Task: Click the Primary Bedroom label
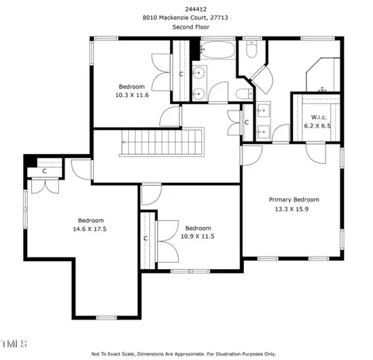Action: [x=294, y=200]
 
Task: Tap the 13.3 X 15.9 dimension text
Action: [x=291, y=209]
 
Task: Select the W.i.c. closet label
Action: [x=319, y=117]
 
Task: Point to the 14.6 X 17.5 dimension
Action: [x=89, y=229]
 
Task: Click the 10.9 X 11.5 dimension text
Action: [x=197, y=236]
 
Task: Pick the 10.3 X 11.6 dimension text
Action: [x=132, y=95]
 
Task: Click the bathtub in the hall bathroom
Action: [x=218, y=50]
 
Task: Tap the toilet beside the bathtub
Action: [x=244, y=93]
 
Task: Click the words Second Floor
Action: [x=191, y=27]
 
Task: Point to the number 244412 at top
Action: [x=196, y=9]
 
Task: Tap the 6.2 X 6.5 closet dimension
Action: [x=317, y=126]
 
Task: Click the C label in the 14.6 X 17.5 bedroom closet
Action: [x=44, y=171]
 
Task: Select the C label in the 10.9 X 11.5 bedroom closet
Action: [x=145, y=238]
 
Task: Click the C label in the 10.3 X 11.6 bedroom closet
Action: [x=181, y=74]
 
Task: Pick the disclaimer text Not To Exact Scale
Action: [x=113, y=354]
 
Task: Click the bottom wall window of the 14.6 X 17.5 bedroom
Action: [x=106, y=317]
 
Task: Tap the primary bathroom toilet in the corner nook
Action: [x=251, y=49]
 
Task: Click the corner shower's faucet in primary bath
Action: [x=322, y=89]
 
